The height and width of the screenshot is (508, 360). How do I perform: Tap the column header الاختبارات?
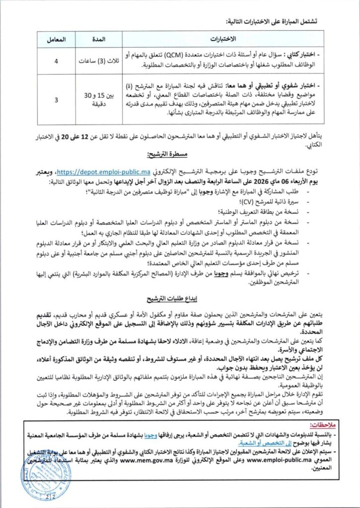pyautogui.click(x=222, y=39)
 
